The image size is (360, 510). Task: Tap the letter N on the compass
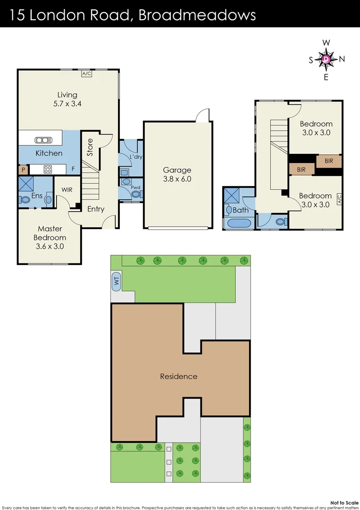coord(342,59)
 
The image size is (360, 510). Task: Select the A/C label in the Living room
coord(86,74)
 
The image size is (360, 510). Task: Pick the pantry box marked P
coord(23,169)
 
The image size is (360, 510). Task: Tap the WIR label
coord(67,190)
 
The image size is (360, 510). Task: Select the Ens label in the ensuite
coord(37,195)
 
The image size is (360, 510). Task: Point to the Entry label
coord(95,209)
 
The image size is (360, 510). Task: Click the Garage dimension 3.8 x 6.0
coord(177,179)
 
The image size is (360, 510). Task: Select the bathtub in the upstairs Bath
coord(240,223)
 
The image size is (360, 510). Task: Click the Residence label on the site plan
coord(178,376)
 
